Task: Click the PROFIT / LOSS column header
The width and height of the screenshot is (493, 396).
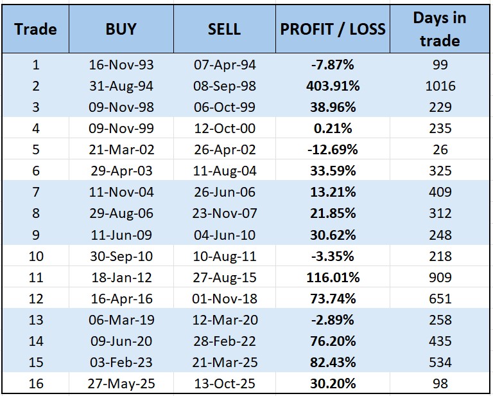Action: (333, 29)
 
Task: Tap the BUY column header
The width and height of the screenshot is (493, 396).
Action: (121, 29)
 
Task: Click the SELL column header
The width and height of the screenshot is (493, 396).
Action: (224, 29)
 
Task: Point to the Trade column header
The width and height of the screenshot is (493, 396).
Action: (35, 29)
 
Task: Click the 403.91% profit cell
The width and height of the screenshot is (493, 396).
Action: (333, 85)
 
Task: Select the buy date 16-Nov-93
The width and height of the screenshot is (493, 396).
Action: (121, 64)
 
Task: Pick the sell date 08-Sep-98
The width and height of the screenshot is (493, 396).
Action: (224, 85)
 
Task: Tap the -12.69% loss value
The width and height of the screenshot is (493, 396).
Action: (333, 150)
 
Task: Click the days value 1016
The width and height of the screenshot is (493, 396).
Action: (440, 85)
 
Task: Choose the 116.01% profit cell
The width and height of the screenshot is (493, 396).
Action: (333, 278)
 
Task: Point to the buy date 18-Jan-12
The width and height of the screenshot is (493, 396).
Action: (121, 278)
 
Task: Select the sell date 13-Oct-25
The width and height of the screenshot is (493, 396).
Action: (224, 384)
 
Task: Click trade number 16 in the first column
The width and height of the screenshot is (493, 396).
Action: (35, 384)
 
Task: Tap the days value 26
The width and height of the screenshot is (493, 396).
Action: (440, 150)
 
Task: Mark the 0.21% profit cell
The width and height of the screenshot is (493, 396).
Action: (333, 128)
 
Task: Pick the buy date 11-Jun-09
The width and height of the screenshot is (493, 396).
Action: (121, 235)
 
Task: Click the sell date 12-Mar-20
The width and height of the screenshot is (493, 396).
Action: (224, 320)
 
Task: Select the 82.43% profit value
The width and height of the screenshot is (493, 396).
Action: (333, 363)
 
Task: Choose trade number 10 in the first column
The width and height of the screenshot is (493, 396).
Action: (35, 256)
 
